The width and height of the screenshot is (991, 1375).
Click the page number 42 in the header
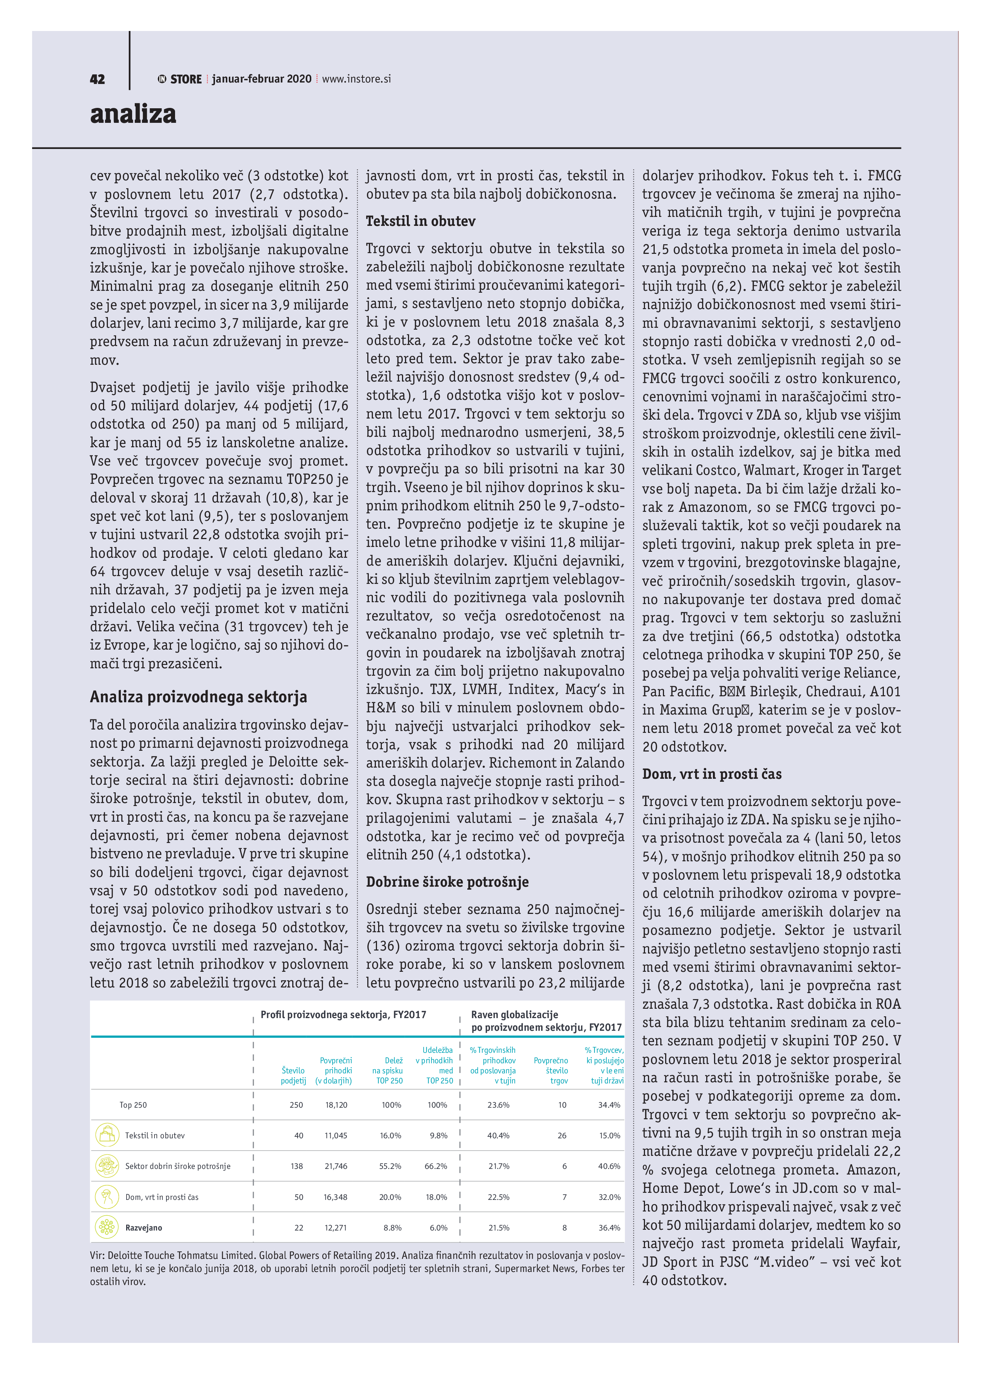pyautogui.click(x=97, y=79)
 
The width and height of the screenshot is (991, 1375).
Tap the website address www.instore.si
pyautogui.click(x=356, y=79)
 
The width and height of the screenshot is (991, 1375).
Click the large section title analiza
pyautogui.click(x=133, y=113)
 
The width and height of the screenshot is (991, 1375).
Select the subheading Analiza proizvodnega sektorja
pyautogui.click(x=198, y=697)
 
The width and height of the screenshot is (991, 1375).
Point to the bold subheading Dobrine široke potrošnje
pyautogui.click(x=447, y=882)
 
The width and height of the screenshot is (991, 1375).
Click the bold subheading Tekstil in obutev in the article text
pyautogui.click(x=420, y=221)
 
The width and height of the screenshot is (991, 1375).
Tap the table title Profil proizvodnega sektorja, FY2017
pyautogui.click(x=343, y=1015)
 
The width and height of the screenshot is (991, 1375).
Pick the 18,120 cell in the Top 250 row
pyautogui.click(x=336, y=1105)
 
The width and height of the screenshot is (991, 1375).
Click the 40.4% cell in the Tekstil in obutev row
pyautogui.click(x=498, y=1136)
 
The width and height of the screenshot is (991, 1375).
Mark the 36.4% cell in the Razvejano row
pyautogui.click(x=609, y=1228)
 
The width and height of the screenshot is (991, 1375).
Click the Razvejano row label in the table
pyautogui.click(x=144, y=1228)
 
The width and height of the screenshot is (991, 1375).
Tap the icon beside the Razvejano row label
pyautogui.click(x=107, y=1227)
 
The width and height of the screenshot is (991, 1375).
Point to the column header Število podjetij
pyautogui.click(x=293, y=1076)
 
